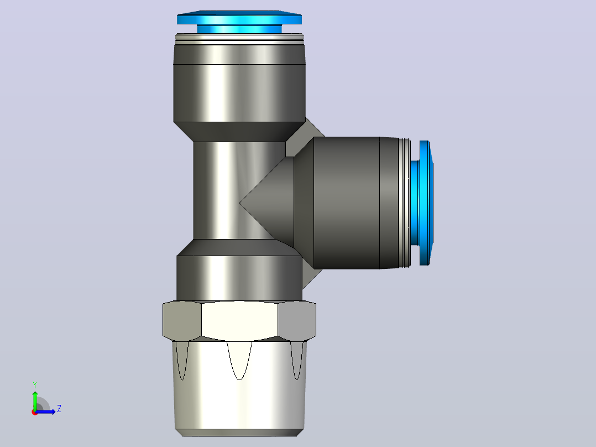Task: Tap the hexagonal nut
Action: [x=239, y=321]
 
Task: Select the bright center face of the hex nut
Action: [x=239, y=321]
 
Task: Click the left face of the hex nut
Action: [x=182, y=321]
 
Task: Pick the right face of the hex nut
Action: [x=297, y=321]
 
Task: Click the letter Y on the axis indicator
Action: [x=35, y=384]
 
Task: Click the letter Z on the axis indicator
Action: [x=59, y=409]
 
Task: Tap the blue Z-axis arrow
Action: [x=45, y=412]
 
